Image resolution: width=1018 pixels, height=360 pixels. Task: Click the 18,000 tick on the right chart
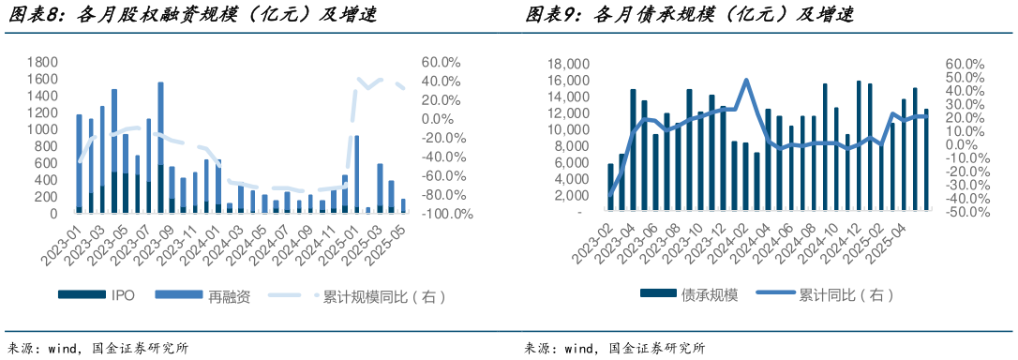(565, 64)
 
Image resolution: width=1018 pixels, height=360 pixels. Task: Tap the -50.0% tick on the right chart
(966, 212)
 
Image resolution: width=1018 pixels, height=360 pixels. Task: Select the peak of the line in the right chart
(746, 80)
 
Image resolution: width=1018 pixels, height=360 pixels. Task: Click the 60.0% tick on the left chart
(440, 62)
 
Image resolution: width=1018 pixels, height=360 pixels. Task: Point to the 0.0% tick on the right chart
(962, 144)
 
